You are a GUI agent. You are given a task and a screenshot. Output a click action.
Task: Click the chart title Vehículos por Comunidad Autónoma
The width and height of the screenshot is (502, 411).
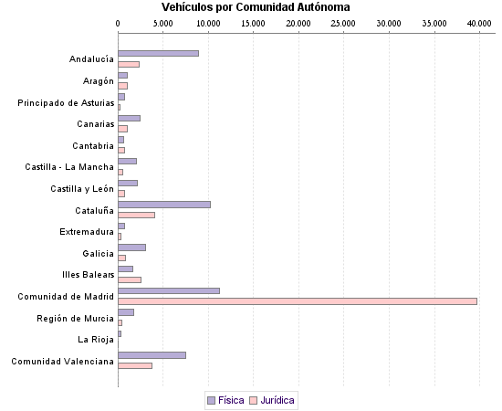(249, 7)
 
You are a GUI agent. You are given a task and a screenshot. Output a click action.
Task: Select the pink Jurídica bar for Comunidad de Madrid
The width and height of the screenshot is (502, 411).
(298, 300)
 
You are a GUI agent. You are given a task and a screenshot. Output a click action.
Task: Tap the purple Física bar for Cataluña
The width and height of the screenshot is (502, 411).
(164, 204)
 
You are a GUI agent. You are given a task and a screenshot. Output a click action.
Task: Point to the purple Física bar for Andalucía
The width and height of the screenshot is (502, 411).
(158, 53)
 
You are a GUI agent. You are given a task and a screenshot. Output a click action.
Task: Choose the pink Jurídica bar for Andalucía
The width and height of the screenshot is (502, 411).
(129, 64)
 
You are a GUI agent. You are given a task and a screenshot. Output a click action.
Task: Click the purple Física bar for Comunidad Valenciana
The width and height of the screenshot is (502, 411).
(152, 355)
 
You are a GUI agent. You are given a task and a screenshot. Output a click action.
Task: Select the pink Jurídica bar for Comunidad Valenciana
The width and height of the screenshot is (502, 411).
(135, 365)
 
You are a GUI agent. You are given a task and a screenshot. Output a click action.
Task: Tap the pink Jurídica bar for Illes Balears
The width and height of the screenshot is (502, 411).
(130, 279)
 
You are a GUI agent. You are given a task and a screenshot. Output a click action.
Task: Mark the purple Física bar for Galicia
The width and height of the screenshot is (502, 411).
(131, 248)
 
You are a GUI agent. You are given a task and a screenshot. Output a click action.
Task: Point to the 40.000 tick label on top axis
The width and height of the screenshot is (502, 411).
(478, 22)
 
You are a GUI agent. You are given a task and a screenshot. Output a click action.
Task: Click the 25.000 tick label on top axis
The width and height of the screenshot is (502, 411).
(343, 22)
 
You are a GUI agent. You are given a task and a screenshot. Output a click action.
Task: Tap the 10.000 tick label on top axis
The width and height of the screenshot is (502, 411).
(208, 22)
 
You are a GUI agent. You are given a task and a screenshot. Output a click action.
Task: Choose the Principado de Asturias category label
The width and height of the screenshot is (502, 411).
(66, 103)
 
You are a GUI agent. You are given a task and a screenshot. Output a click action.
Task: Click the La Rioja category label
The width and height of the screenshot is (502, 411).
(96, 340)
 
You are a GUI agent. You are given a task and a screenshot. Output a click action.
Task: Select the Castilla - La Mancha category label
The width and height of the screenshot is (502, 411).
(69, 167)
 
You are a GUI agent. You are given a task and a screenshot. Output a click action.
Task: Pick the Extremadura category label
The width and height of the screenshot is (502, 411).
(87, 232)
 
